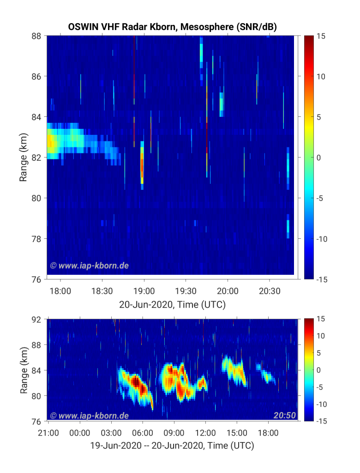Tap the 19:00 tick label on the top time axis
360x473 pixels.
coord(144,291)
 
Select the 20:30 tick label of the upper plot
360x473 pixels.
coord(270,291)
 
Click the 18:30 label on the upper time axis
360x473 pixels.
coord(102,291)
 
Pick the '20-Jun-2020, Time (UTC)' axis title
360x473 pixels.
coord(173,304)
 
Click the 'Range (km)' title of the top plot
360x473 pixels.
coord(23,157)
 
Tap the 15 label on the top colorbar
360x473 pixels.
coord(321,36)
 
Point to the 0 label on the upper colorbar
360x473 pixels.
coord(318,158)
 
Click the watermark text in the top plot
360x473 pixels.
coord(90,266)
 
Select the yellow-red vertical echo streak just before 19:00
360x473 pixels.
coord(142,165)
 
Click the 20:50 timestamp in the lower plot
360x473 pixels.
coord(285,415)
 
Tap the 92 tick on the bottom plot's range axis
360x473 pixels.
coord(36,319)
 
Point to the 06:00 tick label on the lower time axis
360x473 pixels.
coord(143,433)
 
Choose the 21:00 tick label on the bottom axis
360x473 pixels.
coord(48,433)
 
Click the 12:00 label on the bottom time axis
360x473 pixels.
coord(205,433)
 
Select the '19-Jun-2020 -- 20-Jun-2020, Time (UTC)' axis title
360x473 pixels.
coord(172,446)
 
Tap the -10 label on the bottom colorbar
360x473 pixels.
coord(321,404)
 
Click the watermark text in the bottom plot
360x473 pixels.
coord(90,416)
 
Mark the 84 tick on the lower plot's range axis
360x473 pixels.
coord(36,370)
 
